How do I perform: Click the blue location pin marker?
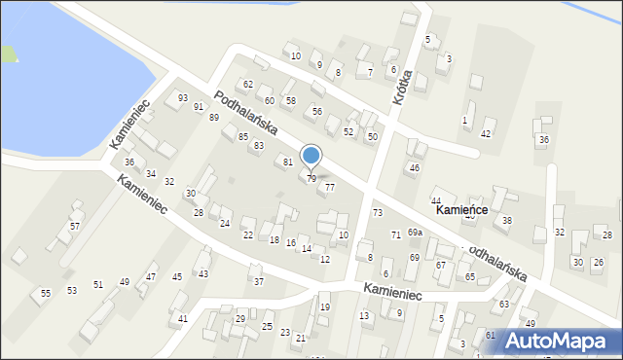311,156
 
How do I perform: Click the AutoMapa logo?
559,341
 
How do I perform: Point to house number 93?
183,98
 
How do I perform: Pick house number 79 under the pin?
311,179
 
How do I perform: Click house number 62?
248,85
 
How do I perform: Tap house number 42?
487,133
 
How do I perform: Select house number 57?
75,226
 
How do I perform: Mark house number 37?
258,282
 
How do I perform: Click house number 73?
377,212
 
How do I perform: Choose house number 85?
242,136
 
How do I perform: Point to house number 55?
45,293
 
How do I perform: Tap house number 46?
414,168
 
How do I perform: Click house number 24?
225,224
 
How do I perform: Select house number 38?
507,222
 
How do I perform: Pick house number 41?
182,319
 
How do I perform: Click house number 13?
364,316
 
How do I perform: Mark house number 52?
348,131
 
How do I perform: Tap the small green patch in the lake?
9,54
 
